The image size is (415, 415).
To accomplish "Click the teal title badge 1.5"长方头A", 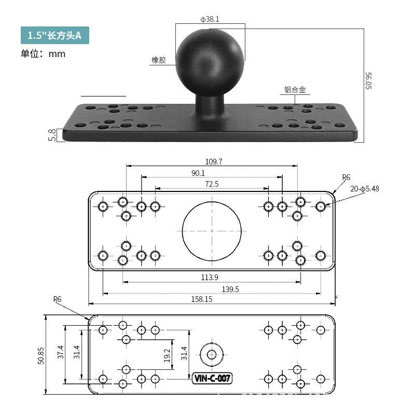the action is tap(55, 35).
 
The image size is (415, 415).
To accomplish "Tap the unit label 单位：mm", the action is tap(43, 54).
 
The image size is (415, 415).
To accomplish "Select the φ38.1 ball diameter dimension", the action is tap(210, 19).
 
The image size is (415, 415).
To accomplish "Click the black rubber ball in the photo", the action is tap(210, 62).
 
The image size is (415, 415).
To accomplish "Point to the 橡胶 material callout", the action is tap(159, 60).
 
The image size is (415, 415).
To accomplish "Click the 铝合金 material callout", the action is tap(295, 89).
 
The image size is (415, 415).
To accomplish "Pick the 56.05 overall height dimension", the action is tap(368, 81).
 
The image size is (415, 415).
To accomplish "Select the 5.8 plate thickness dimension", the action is tap(52, 135).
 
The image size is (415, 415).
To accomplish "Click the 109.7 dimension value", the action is tap(214, 161).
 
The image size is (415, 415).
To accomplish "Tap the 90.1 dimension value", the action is tap(198, 173).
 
